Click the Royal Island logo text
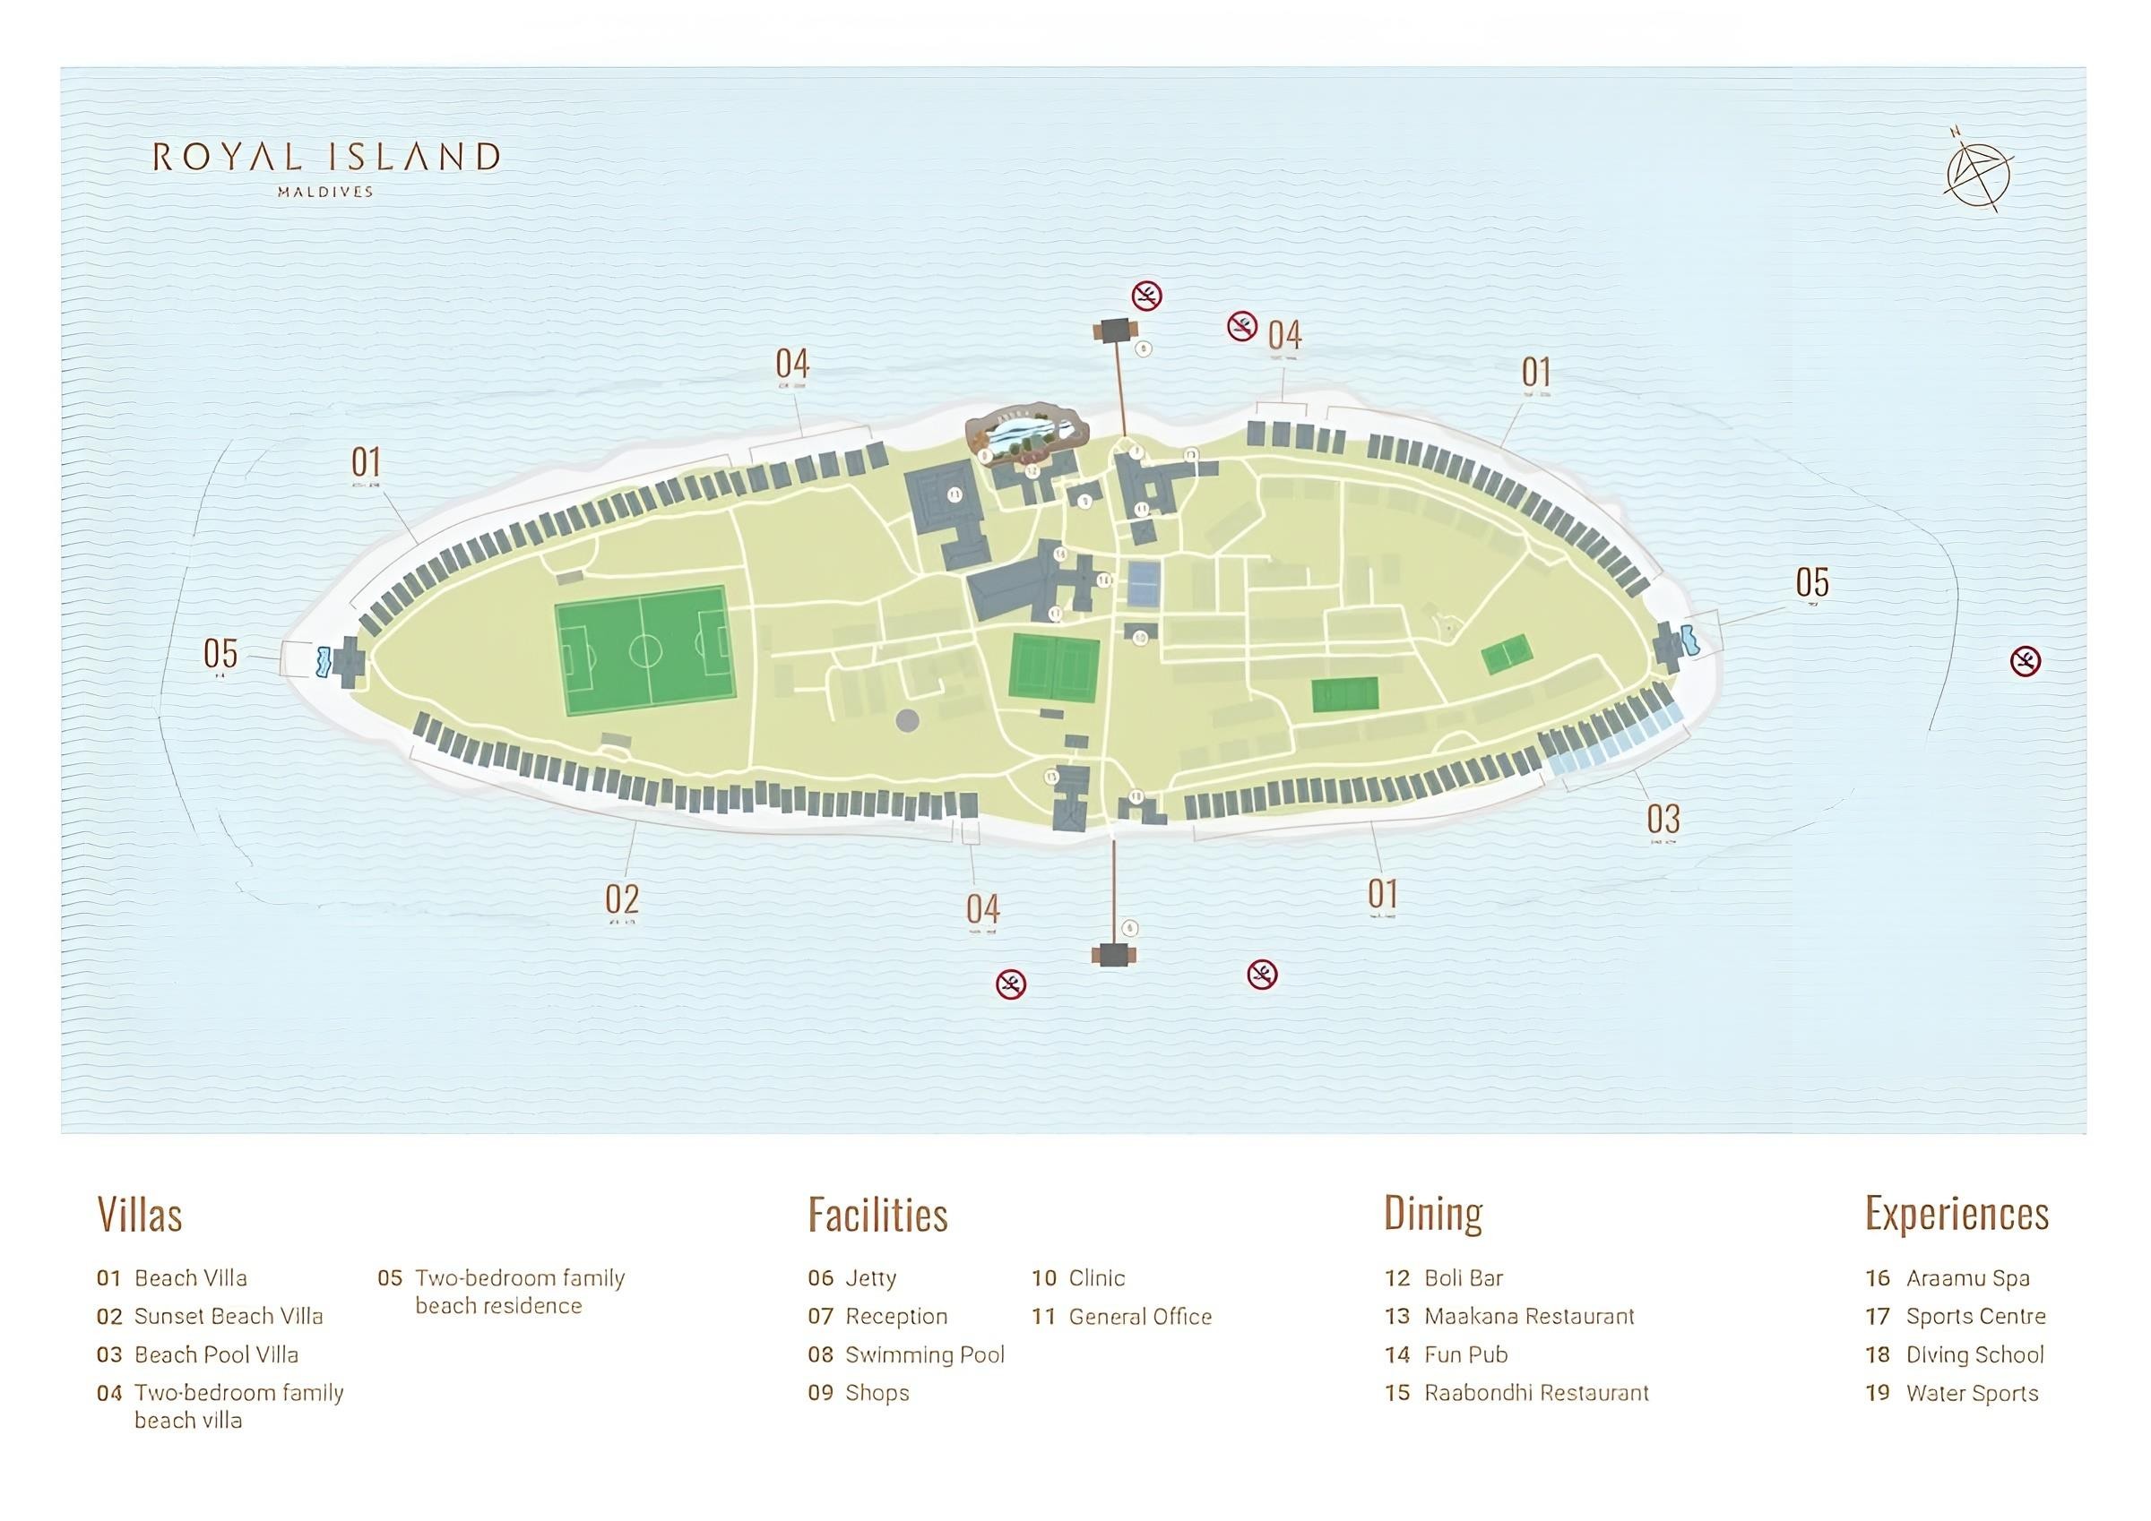(325, 158)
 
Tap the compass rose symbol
(1979, 177)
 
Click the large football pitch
(644, 650)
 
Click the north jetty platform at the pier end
(1114, 331)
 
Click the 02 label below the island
(621, 899)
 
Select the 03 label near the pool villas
(1663, 819)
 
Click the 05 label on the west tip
(220, 653)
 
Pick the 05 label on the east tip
(1812, 582)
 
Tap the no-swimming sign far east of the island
(2026, 661)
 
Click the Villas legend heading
(140, 1215)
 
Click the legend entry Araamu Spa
(1966, 1278)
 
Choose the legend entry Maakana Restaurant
(1528, 1317)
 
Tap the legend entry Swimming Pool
(924, 1355)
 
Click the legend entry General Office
(1139, 1317)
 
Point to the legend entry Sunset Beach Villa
(228, 1317)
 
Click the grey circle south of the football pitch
(907, 720)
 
